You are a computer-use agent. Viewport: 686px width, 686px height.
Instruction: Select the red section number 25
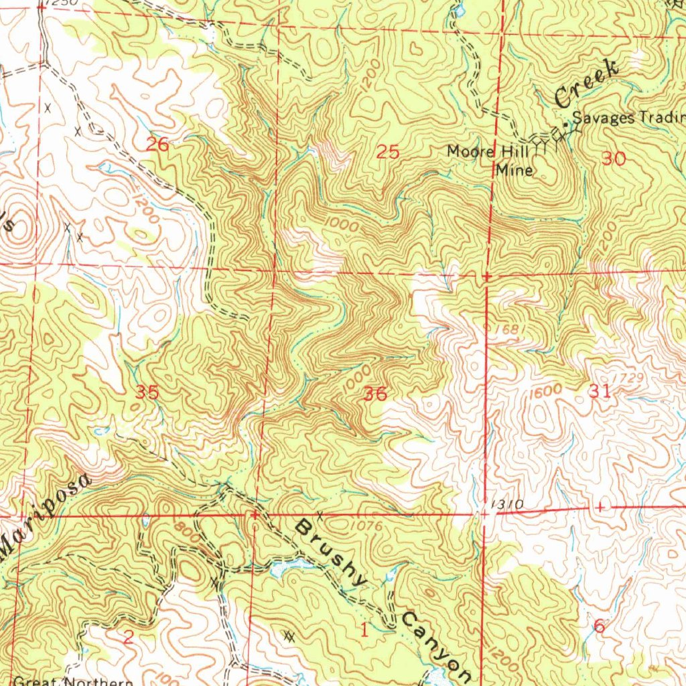click(388, 153)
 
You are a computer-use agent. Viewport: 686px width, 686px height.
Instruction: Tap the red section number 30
click(614, 159)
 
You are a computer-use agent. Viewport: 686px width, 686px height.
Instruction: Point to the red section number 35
click(147, 393)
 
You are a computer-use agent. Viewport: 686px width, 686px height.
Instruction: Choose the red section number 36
click(374, 395)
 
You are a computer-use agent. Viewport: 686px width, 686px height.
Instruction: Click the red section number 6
click(599, 626)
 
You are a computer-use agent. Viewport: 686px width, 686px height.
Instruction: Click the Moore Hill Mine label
click(492, 160)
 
